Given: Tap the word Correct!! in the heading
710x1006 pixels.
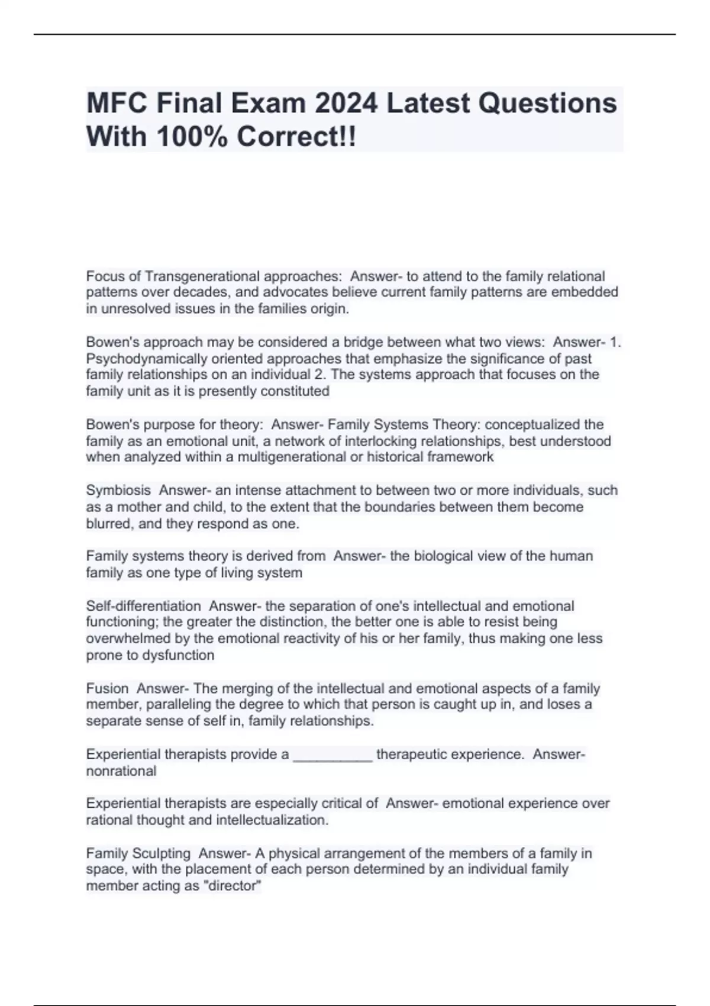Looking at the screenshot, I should [296, 137].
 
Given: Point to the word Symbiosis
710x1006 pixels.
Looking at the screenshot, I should [118, 491].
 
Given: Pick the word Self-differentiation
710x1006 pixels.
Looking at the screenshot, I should [144, 606].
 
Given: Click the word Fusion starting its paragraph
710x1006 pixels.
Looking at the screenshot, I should [107, 688].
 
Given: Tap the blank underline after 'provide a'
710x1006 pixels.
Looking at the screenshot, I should [333, 755].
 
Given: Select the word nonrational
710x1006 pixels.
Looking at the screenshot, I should [121, 771].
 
